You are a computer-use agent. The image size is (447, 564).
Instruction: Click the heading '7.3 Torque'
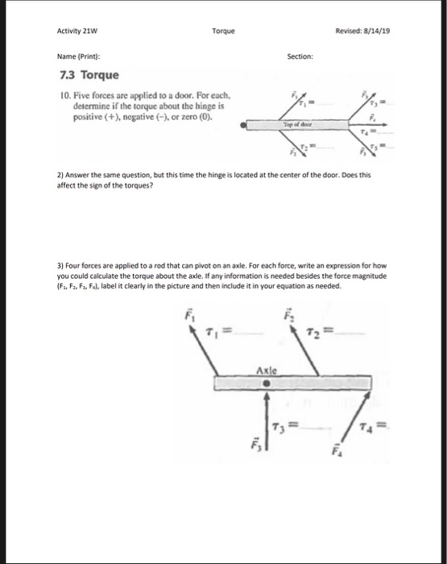pyautogui.click(x=89, y=76)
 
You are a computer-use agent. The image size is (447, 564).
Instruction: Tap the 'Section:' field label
pyautogui.click(x=300, y=57)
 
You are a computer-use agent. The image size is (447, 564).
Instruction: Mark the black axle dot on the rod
pyautogui.click(x=267, y=384)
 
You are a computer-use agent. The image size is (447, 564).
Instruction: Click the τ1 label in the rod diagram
pyautogui.click(x=209, y=334)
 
